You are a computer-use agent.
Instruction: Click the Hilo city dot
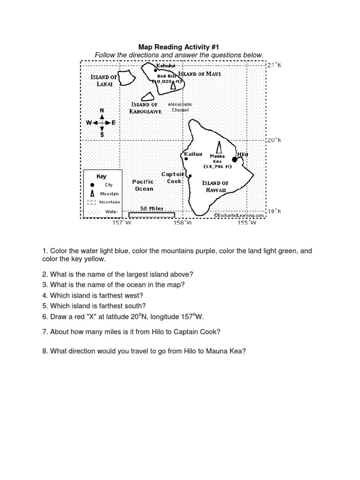coord(235,160)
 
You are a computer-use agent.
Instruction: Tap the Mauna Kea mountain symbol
coord(218,147)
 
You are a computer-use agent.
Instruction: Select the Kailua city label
coord(194,154)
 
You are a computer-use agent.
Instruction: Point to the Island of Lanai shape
coord(125,78)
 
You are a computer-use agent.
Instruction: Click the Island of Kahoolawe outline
coord(148,97)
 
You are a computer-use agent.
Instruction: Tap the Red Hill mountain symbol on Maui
coord(173,85)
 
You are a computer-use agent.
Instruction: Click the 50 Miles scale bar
coord(151,215)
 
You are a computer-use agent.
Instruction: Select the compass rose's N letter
coord(102,110)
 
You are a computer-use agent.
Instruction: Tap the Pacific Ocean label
coord(143,185)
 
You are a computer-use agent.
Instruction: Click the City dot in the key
coord(92,185)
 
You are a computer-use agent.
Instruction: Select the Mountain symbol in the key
coord(92,194)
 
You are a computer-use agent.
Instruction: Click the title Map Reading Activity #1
coord(179,47)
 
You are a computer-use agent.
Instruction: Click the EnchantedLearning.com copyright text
coord(240,216)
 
